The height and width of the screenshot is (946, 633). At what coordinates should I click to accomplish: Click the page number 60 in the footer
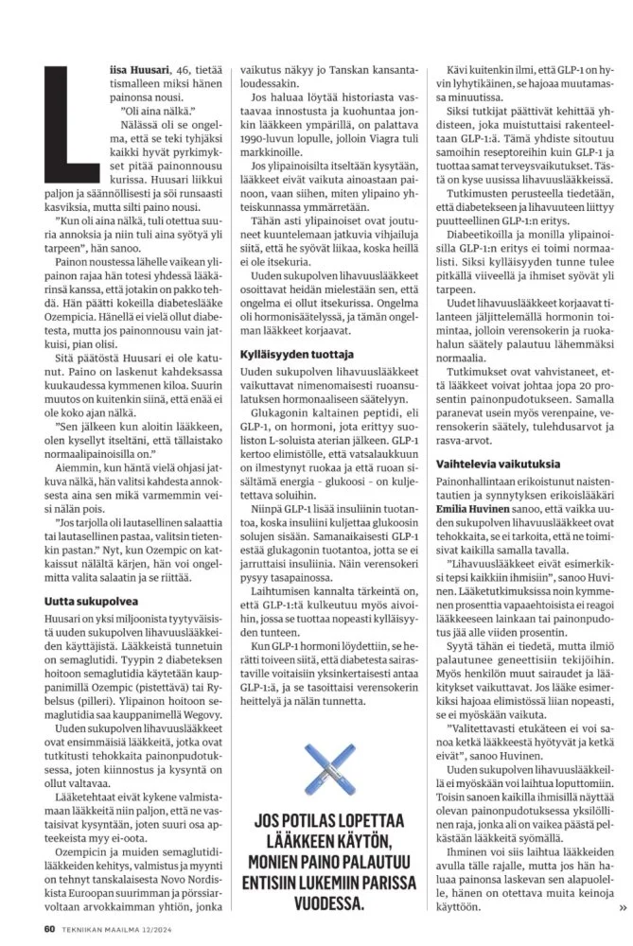[49, 927]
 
